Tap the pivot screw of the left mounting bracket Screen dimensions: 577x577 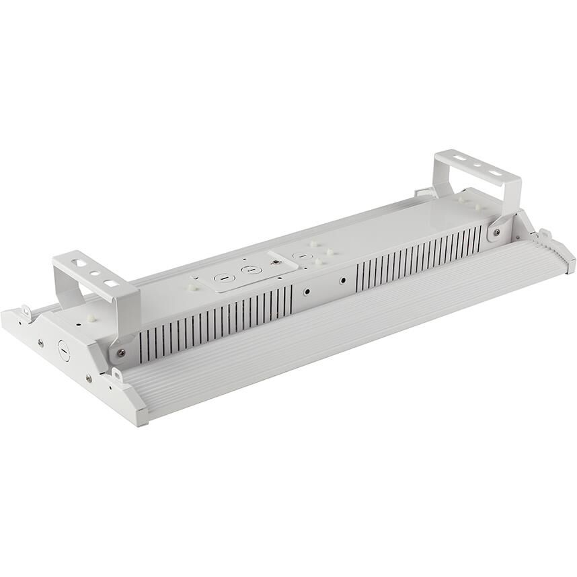pyautogui.click(x=120, y=352)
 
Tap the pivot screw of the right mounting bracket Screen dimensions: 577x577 pyautogui.click(x=496, y=232)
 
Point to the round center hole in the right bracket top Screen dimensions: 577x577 pyautogui.click(x=476, y=165)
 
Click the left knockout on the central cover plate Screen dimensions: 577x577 pyautogui.click(x=219, y=277)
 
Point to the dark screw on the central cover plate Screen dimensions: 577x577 pyautogui.click(x=274, y=260)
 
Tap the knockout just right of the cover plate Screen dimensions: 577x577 pyautogui.click(x=302, y=256)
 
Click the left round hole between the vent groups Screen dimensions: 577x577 pyautogui.click(x=307, y=292)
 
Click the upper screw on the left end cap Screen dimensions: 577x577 pyautogui.click(x=40, y=343)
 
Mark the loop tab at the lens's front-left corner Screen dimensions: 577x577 pyautogui.click(x=117, y=374)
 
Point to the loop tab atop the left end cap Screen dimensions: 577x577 pyautogui.click(x=26, y=312)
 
